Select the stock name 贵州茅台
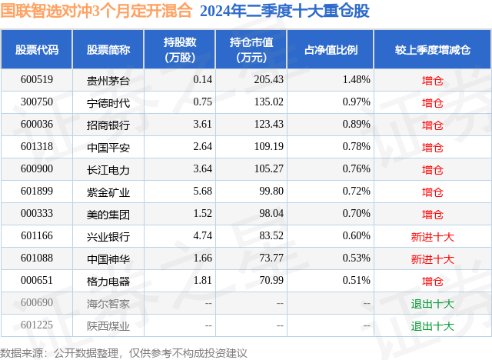108,79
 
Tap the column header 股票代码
37,50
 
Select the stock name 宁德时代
108,102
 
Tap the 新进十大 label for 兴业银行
432,237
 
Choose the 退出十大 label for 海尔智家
432,304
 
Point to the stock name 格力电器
108,282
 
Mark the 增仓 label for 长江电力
432,169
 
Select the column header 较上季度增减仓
432,50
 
